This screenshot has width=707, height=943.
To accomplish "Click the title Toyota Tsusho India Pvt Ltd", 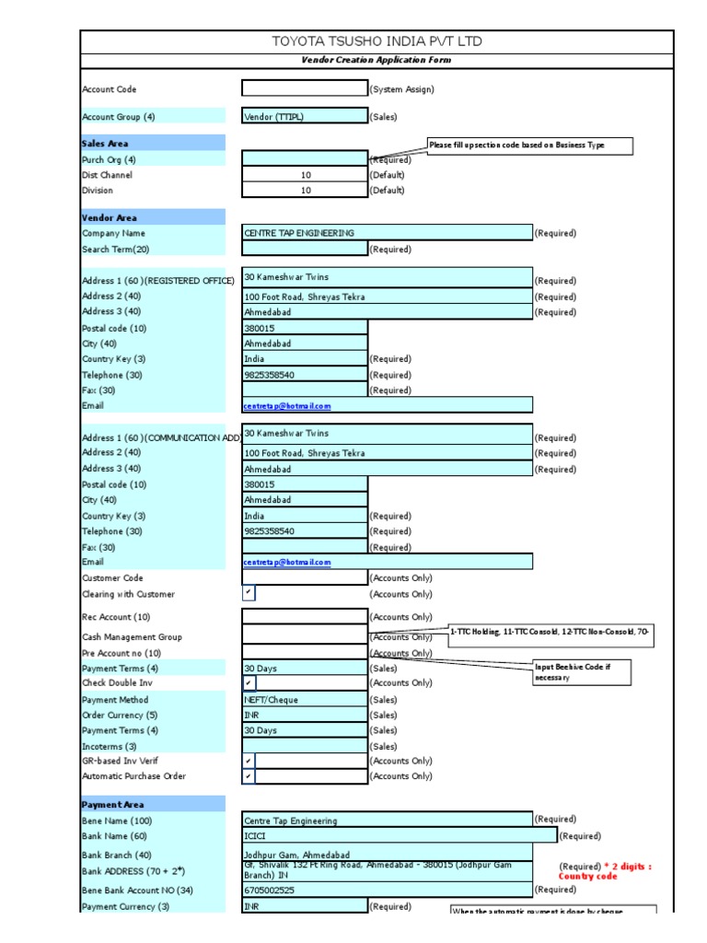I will (376, 41).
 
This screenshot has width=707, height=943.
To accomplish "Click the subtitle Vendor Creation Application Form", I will (376, 60).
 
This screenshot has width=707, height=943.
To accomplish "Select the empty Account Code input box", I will (305, 88).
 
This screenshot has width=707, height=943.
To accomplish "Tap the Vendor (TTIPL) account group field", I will (305, 117).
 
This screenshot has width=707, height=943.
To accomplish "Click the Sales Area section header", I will (153, 143).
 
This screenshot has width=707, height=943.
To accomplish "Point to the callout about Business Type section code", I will (528, 146).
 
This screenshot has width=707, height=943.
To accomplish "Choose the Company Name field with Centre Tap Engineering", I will (387, 233).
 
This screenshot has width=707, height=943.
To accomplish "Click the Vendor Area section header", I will (153, 217).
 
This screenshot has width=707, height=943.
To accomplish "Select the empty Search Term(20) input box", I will (305, 249).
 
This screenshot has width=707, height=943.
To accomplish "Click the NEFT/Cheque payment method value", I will (305, 699).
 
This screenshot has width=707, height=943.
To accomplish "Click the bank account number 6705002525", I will (387, 891).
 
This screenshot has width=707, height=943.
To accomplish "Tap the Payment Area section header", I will (153, 804).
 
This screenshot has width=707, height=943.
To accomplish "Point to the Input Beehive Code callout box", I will (583, 672).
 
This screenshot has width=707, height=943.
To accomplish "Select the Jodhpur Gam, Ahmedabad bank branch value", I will (387, 855).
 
